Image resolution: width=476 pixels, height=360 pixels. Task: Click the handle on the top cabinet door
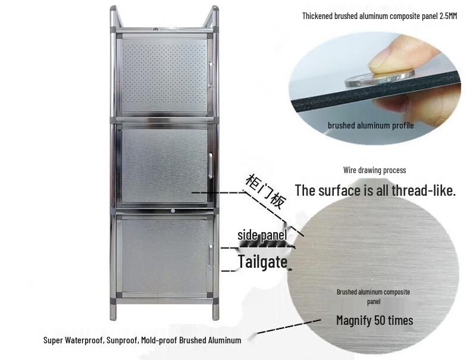[210, 69]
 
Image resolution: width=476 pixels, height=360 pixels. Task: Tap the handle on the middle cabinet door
[211, 162]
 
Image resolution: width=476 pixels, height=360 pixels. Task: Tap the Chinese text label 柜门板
[265, 191]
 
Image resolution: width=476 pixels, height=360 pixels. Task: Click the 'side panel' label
[262, 235]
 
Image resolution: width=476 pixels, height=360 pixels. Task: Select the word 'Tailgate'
[262, 261]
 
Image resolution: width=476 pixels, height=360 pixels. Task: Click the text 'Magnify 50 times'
[374, 321]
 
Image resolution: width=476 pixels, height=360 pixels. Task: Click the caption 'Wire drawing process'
[374, 170]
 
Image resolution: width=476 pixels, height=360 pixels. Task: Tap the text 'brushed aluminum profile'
[371, 126]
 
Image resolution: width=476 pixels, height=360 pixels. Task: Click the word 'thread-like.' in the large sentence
[422, 190]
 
